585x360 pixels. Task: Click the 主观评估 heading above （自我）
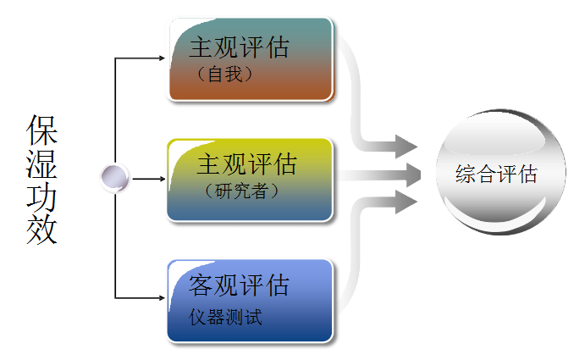238,47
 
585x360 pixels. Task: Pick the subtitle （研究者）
241,191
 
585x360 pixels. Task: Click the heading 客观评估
238,285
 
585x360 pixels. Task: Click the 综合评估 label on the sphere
496,175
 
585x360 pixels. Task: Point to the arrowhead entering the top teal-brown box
163,58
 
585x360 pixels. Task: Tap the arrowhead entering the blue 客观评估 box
163,298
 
